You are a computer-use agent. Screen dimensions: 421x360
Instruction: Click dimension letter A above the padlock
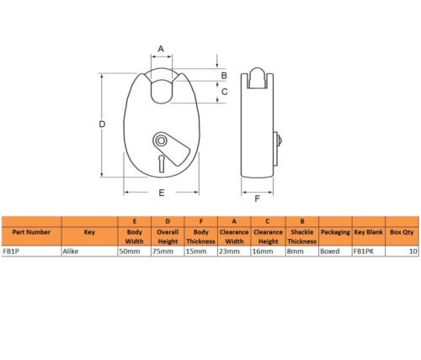point(161,49)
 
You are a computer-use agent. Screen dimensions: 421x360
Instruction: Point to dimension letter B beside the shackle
point(224,76)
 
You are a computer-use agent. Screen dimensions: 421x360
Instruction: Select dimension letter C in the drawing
point(225,92)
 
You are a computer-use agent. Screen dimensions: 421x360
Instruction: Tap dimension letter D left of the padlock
point(102,124)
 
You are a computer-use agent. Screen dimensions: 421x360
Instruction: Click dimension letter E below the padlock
point(162,193)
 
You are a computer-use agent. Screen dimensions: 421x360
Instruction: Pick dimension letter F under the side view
point(257,199)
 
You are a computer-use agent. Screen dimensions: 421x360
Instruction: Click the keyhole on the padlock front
point(162,164)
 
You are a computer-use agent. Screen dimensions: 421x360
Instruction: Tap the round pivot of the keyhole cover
point(161,140)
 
